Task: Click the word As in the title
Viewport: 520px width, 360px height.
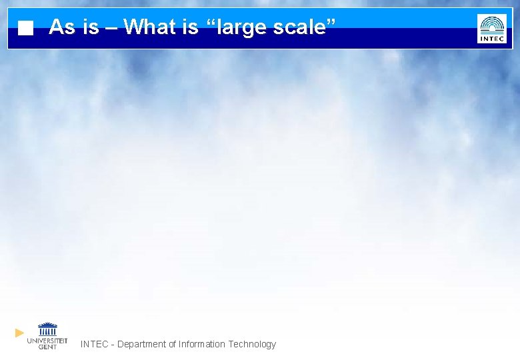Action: pos(62,27)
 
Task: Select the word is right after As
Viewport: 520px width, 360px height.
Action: pos(91,27)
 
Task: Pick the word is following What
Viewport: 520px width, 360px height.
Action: pos(191,27)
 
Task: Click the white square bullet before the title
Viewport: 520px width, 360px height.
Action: pos(25,28)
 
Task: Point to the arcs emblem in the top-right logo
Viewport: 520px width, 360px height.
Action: pos(492,25)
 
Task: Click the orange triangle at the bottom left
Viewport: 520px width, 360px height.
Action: pos(20,332)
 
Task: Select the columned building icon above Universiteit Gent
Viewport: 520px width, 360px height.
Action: pos(47,329)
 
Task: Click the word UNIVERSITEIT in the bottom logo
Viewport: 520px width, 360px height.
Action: pos(47,341)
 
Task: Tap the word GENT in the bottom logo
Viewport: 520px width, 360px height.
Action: pos(47,347)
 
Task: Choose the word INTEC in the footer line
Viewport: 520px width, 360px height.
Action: pos(94,344)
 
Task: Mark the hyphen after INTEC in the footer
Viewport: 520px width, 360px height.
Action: pos(113,345)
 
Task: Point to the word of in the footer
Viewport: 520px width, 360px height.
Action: pos(172,344)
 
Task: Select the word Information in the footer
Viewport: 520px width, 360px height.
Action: pos(202,344)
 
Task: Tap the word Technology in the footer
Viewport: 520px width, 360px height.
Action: pos(252,345)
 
